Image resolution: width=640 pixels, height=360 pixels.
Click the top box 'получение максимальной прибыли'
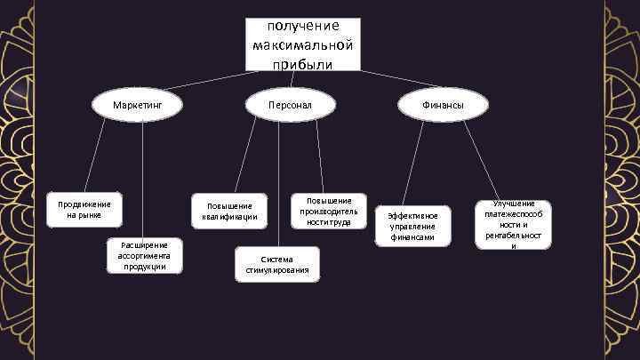pos(302,44)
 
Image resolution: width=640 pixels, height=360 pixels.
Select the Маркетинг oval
pos(137,106)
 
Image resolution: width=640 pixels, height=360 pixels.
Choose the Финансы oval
pos(443,106)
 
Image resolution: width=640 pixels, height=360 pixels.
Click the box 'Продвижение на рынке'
pos(85,210)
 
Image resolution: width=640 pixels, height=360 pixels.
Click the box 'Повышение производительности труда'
pos(328,212)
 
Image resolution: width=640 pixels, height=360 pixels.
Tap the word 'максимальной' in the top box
pos(302,44)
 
